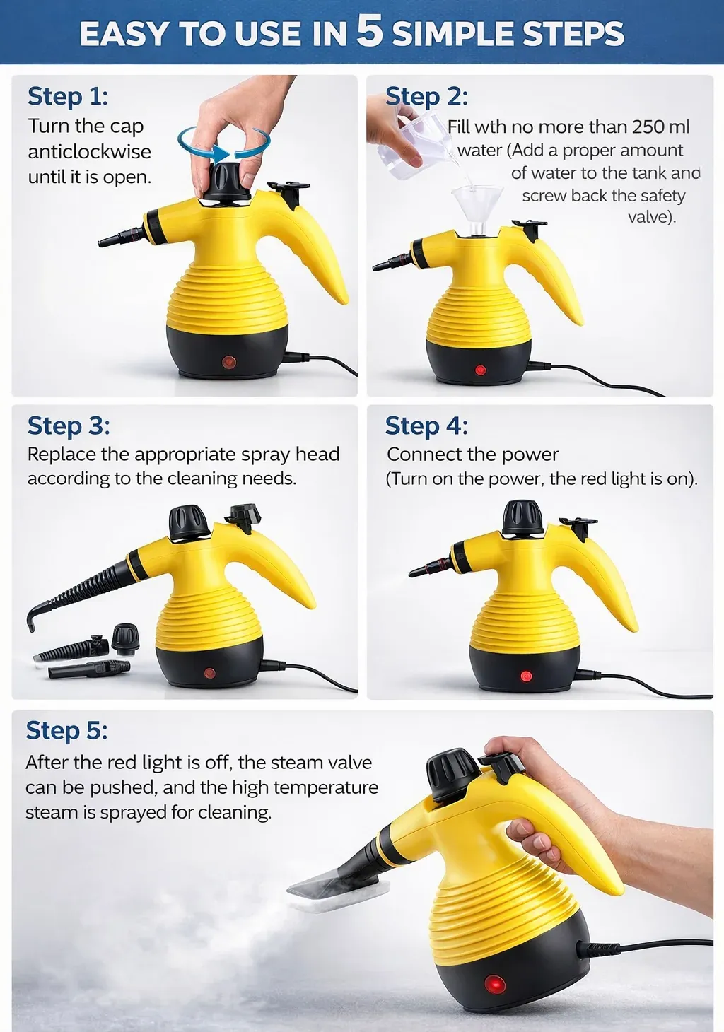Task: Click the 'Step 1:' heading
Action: (68, 96)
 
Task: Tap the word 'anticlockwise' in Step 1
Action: (89, 151)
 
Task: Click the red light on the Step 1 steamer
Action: (228, 362)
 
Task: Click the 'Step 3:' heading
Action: (69, 426)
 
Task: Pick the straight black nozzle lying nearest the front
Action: (88, 669)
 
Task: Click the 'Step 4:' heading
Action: (426, 426)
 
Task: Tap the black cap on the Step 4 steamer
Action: (522, 518)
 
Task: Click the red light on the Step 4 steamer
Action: (526, 676)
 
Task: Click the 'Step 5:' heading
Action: (66, 730)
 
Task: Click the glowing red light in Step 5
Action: (494, 984)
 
